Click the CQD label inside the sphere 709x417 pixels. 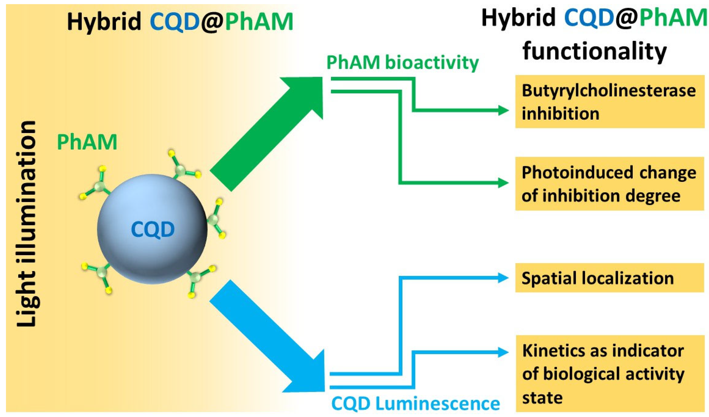(153, 230)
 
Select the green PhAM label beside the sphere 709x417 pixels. (87, 142)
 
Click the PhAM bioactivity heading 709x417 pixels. (402, 62)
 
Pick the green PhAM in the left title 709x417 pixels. (259, 22)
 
